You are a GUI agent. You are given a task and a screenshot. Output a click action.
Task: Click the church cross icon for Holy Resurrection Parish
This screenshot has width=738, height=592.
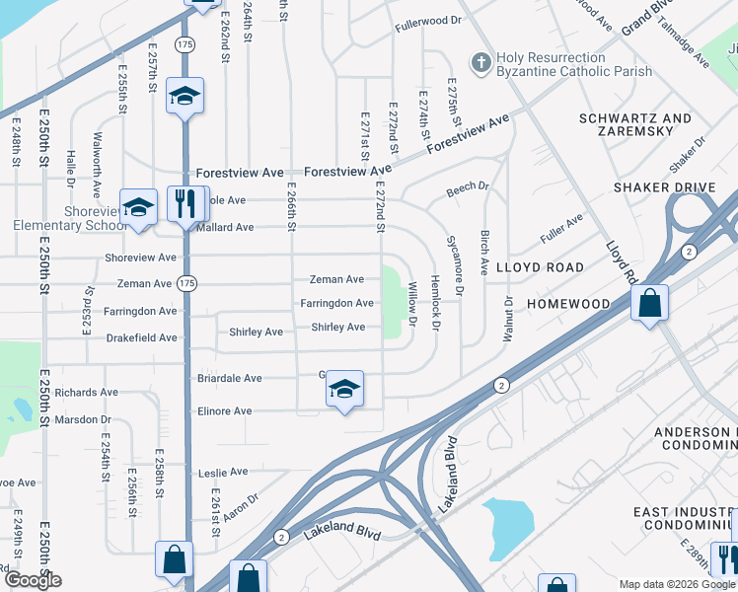pos(481,64)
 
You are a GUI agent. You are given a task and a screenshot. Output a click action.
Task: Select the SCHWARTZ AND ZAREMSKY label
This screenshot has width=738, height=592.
pos(635,125)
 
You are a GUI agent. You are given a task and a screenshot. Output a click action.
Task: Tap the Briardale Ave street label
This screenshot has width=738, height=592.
pos(227,378)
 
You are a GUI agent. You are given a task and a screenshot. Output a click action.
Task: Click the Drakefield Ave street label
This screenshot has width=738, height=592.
pos(143,337)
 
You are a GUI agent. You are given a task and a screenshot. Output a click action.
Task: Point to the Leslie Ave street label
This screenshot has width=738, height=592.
pos(223,473)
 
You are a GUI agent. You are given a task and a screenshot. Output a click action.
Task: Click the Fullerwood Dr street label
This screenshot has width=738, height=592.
pos(427,21)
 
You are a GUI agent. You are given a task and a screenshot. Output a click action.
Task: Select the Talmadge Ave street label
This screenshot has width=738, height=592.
pos(683,44)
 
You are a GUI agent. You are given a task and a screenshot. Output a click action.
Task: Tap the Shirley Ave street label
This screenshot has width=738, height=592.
pos(338,328)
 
